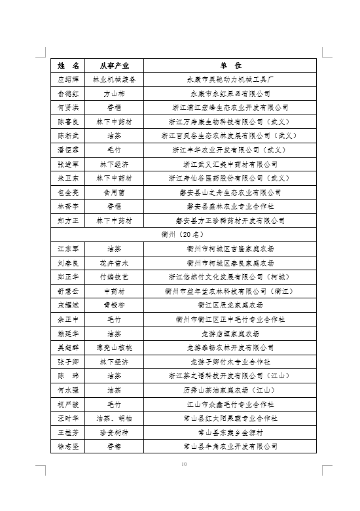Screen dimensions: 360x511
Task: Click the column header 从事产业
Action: (x=115, y=65)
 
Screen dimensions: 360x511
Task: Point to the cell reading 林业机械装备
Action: (x=115, y=79)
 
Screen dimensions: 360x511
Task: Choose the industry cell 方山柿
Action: (x=115, y=94)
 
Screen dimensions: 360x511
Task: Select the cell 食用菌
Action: (x=115, y=192)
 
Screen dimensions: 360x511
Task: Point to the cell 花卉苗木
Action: (x=115, y=263)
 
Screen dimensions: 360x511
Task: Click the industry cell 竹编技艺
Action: (x=115, y=277)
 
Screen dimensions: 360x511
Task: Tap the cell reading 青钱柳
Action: (x=115, y=305)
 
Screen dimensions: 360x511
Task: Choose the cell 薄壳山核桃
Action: (x=115, y=347)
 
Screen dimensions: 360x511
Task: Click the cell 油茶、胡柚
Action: (x=115, y=418)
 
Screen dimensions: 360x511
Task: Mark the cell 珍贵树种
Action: (x=115, y=432)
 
